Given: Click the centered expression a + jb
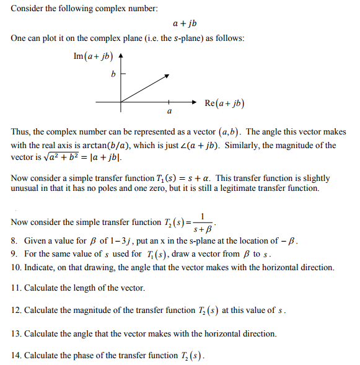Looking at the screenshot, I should click(x=185, y=24).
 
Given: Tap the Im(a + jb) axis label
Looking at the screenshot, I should click(x=93, y=56).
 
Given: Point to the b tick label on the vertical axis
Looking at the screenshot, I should click(x=113, y=74).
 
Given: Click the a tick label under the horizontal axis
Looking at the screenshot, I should click(x=169, y=112).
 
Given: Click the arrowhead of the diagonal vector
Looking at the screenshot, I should click(x=167, y=76).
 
